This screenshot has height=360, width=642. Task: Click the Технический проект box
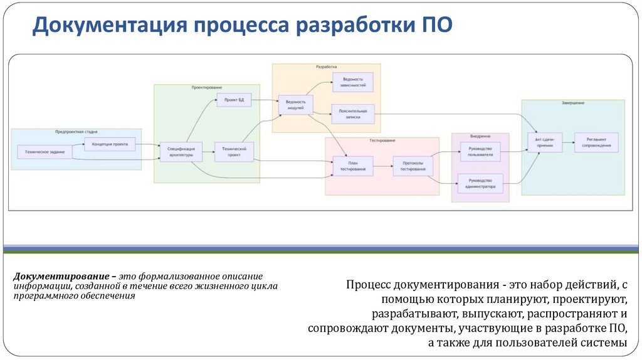point(234,151)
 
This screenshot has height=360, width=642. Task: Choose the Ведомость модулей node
point(295,105)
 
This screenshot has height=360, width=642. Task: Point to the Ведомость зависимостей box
point(352,82)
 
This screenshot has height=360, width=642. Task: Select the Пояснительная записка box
point(352,114)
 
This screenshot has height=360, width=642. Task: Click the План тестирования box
point(352,166)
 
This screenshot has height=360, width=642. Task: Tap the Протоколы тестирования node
point(413,166)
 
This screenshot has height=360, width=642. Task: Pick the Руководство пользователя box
point(480,151)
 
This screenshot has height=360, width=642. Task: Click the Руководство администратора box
point(480,183)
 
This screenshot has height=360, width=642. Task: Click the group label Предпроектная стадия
point(76,132)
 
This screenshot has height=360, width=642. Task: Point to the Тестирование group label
point(382,140)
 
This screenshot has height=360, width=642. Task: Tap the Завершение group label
point(572,102)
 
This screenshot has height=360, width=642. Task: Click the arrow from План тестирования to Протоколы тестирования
point(383,166)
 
